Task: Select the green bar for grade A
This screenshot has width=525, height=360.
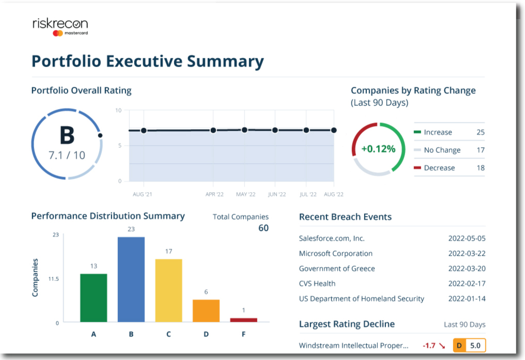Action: tap(94, 298)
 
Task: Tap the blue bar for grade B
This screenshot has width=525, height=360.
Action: tap(131, 279)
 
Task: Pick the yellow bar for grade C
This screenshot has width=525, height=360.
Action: tap(168, 290)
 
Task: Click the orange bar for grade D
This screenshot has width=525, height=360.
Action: tap(206, 311)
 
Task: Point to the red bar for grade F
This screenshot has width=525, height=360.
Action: tap(243, 320)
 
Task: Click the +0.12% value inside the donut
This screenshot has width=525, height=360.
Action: tap(378, 149)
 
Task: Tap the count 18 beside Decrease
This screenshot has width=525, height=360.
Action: tap(480, 168)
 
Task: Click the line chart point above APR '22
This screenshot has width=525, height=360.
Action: tap(213, 130)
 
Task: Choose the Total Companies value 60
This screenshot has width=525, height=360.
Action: tap(263, 228)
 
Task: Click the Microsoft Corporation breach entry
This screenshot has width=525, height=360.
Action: tap(335, 254)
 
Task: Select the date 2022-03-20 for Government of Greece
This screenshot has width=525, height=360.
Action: tap(467, 269)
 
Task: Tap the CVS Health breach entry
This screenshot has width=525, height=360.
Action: tap(317, 284)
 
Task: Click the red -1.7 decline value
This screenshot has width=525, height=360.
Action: tap(429, 346)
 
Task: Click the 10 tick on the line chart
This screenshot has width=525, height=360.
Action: tap(118, 111)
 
